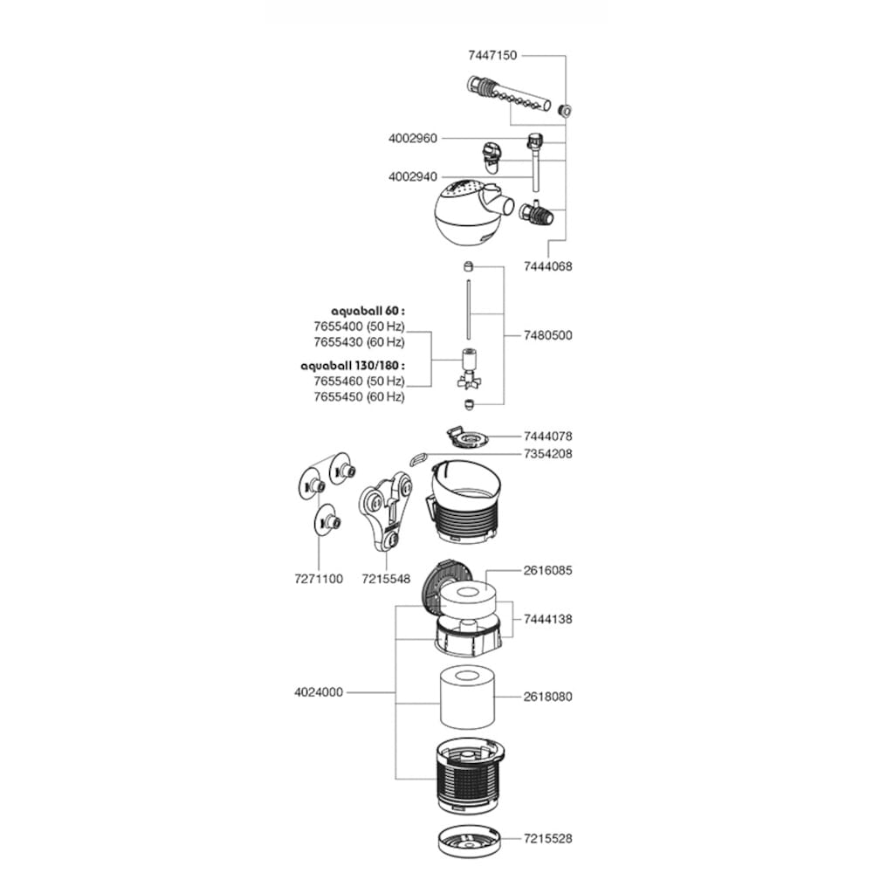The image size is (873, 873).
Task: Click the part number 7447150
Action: pyautogui.click(x=492, y=55)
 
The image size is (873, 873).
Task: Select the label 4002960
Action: pyautogui.click(x=413, y=138)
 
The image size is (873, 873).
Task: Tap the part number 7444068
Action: pyautogui.click(x=548, y=266)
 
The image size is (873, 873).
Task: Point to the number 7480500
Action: pyautogui.click(x=548, y=335)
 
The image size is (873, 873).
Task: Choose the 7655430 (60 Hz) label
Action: pyautogui.click(x=359, y=342)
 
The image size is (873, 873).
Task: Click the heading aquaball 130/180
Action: pyautogui.click(x=353, y=366)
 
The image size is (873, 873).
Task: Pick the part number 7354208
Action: pyautogui.click(x=548, y=454)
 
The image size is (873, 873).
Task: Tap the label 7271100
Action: pyautogui.click(x=319, y=579)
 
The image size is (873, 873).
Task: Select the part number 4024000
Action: pyautogui.click(x=319, y=692)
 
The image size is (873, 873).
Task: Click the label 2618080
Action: pyautogui.click(x=548, y=697)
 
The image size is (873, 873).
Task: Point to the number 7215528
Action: pyautogui.click(x=548, y=838)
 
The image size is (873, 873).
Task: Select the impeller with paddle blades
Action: pyautogui.click(x=468, y=369)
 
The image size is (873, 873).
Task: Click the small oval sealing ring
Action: pyautogui.click(x=418, y=459)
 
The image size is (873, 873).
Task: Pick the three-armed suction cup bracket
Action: pyautogui.click(x=385, y=511)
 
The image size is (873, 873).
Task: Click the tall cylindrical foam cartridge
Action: pyautogui.click(x=467, y=698)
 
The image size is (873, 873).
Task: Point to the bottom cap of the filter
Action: pyautogui.click(x=470, y=842)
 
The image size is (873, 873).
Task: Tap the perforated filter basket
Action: pyautogui.click(x=470, y=776)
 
